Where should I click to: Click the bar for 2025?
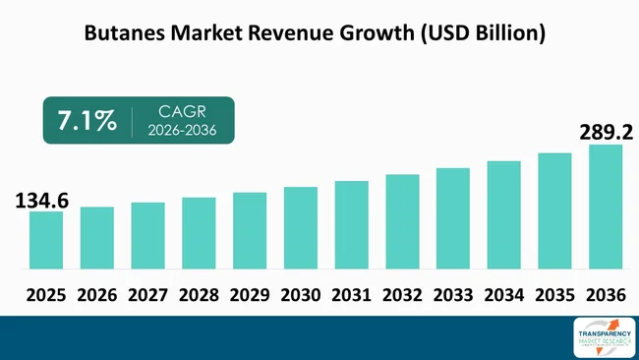(x=46, y=240)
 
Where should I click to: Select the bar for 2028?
(x=199, y=233)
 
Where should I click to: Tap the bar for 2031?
(x=351, y=224)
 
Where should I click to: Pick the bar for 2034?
(x=503, y=214)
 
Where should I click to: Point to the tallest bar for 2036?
(x=606, y=207)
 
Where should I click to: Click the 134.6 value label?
(x=41, y=201)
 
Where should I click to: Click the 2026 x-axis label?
(x=96, y=294)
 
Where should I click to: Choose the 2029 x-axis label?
(x=249, y=294)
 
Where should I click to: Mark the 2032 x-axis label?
(x=402, y=294)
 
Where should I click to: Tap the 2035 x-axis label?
(x=554, y=294)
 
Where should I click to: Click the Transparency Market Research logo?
(x=602, y=337)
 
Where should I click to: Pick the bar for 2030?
(x=300, y=227)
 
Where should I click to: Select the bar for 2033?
(x=452, y=218)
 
